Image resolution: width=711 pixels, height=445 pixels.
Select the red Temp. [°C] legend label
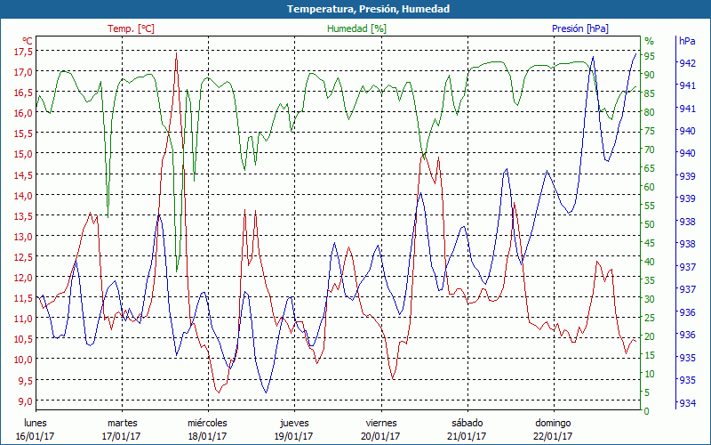(x=131, y=28)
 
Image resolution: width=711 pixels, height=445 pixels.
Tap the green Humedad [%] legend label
(x=357, y=28)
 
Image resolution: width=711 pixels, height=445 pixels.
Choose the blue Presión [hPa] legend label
(x=580, y=28)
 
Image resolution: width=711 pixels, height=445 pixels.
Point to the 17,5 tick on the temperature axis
(x=23, y=52)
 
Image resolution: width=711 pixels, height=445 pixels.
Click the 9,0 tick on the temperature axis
(x=23, y=400)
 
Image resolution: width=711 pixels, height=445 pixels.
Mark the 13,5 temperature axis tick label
(x=23, y=216)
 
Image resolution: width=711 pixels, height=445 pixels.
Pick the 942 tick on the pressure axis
(x=687, y=63)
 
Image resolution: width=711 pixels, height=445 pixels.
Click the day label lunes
(x=35, y=423)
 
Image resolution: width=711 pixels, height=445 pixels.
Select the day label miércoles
(x=207, y=423)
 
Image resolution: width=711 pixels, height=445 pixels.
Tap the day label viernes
(x=381, y=423)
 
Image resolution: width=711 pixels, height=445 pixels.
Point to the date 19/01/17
(x=294, y=436)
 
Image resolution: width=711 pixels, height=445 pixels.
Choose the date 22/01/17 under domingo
(x=553, y=436)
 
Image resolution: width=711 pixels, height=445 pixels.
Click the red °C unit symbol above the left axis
(x=28, y=41)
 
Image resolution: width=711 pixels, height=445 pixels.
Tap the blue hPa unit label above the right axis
(x=687, y=41)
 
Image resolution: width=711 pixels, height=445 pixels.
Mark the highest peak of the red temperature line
(x=177, y=53)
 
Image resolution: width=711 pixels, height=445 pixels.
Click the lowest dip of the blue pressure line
(x=265, y=392)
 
